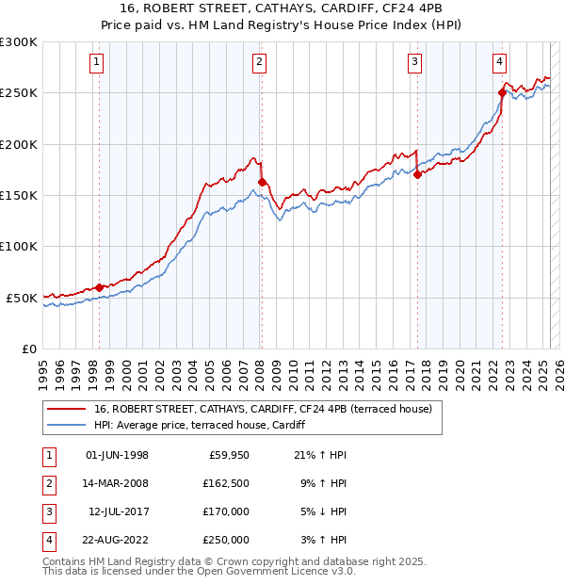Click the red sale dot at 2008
pos(262,183)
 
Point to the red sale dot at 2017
pos(417,174)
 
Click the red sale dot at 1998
pos(99,287)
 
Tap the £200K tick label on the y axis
pos(19,144)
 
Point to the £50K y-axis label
pos(23,298)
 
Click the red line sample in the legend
pos(66,409)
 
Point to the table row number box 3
pos(49,512)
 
